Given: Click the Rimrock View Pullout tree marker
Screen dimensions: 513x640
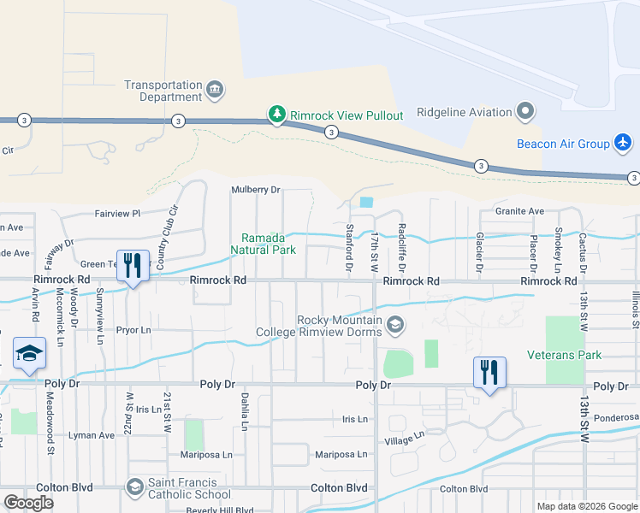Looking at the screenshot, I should [276, 115].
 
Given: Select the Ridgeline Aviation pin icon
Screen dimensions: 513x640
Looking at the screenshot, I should [524, 112].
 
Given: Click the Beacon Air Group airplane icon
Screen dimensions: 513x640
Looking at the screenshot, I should [623, 144].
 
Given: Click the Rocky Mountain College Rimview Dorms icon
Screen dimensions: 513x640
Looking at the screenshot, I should [395, 325].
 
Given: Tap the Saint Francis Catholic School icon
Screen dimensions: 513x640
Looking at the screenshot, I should [134, 487].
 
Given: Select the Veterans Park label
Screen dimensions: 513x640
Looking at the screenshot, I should [564, 355].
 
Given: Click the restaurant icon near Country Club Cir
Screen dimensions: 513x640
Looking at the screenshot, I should [132, 265].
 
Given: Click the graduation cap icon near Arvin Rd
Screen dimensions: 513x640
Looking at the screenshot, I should [28, 354].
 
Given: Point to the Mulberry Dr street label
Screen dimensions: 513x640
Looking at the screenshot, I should [257, 190].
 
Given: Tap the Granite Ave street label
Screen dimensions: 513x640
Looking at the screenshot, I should [519, 211].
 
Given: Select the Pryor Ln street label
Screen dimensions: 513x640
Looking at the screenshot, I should [133, 329].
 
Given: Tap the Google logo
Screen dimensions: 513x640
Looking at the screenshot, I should [29, 503].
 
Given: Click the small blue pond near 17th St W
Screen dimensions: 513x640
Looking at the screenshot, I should [367, 203].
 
